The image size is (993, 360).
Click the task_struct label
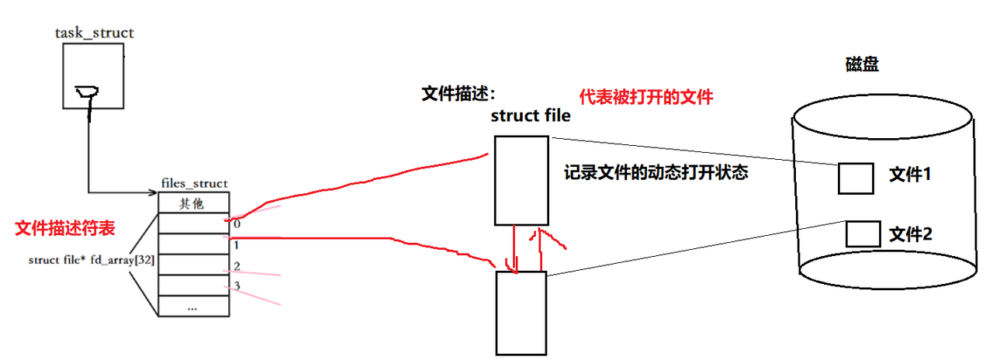(95, 33)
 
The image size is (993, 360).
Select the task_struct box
(93, 76)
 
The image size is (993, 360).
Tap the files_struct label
(194, 184)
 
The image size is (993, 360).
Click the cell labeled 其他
(194, 203)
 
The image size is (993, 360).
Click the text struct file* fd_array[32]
(91, 260)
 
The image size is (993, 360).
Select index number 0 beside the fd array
(237, 223)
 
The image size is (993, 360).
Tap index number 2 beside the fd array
(237, 266)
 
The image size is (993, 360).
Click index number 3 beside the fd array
(237, 286)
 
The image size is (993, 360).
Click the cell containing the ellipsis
(193, 306)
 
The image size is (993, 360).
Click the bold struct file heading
(531, 116)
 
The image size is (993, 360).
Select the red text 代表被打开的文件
(645, 98)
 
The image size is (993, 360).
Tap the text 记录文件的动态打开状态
(656, 173)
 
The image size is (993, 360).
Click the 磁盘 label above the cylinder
(862, 65)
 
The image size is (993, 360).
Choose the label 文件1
(909, 175)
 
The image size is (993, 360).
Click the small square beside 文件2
(862, 233)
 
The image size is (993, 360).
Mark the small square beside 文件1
(856, 178)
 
